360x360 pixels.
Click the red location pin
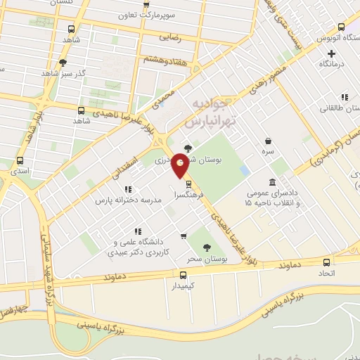coord(181,165)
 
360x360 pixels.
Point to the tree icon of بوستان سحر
coord(206,247)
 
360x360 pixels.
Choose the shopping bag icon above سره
coord(268,140)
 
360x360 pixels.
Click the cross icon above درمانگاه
coord(331,53)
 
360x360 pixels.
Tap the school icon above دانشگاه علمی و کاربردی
coord(139,231)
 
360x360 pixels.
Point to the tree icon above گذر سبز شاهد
coord(63,63)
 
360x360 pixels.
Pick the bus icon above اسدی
coord(20,160)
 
